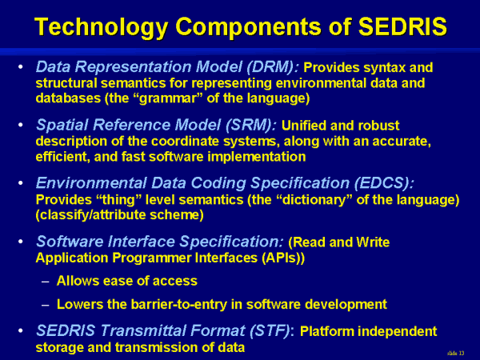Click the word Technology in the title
[x=101, y=27]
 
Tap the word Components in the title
[x=248, y=27]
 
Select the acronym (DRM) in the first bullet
[x=272, y=67]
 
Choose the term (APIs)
[x=283, y=258]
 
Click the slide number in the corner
[x=455, y=354]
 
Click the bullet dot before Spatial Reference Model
[x=21, y=125]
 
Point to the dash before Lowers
[x=46, y=306]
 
